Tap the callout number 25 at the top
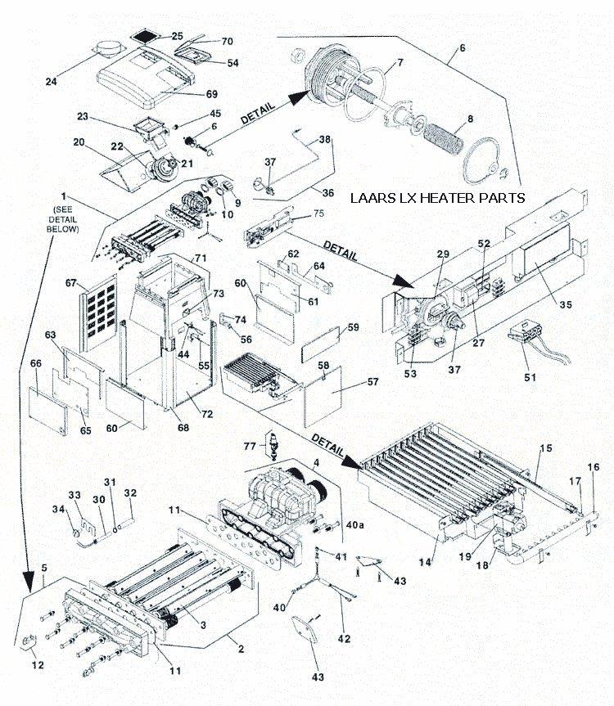[x=177, y=36]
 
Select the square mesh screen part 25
[x=146, y=38]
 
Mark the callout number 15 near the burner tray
[x=545, y=449]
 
